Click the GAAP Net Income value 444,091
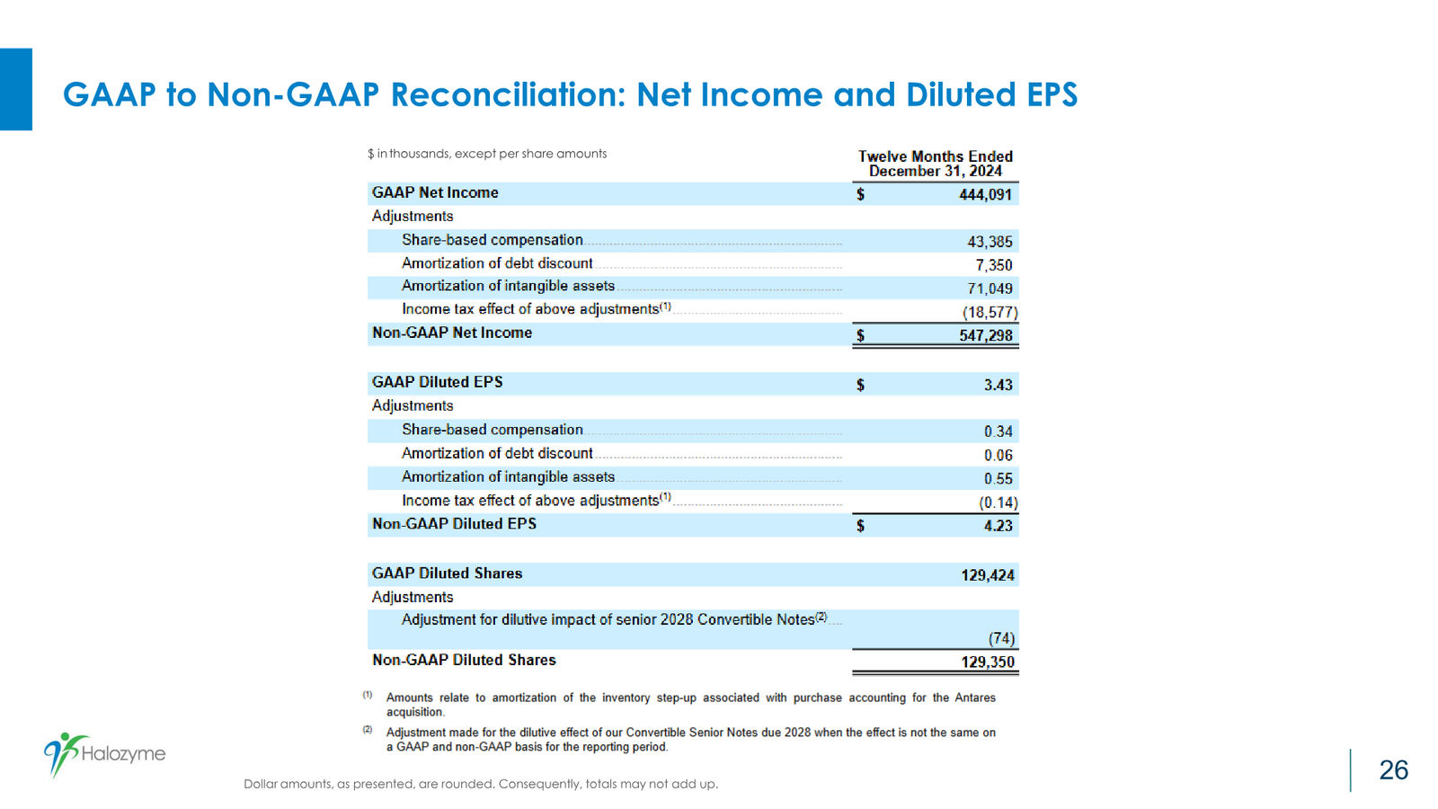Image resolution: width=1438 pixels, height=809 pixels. point(985,194)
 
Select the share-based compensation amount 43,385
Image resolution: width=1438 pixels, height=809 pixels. point(990,242)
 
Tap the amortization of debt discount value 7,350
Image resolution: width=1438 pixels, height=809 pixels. point(994,265)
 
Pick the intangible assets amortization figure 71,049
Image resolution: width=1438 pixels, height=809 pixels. point(990,289)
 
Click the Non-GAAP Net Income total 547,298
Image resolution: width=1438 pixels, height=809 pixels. point(985,336)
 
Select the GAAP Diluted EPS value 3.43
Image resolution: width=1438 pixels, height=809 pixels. point(999,385)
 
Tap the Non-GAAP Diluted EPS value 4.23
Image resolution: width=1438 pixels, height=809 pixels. point(999,526)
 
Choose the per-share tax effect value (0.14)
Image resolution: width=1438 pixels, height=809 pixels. point(999,502)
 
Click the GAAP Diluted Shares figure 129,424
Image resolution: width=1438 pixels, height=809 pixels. point(988,575)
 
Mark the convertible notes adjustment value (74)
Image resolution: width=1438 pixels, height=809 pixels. point(1001,638)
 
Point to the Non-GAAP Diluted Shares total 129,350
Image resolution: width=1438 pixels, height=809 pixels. point(988,662)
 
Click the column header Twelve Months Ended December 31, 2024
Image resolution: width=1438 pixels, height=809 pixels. point(936,164)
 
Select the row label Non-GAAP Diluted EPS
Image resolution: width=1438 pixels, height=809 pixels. point(455,524)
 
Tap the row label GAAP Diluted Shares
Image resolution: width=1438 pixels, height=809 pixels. point(448,573)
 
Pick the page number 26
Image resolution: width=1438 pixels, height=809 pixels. point(1394,769)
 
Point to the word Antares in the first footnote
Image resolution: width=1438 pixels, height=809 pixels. point(974,698)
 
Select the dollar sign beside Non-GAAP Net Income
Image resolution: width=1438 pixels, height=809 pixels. point(861,336)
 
